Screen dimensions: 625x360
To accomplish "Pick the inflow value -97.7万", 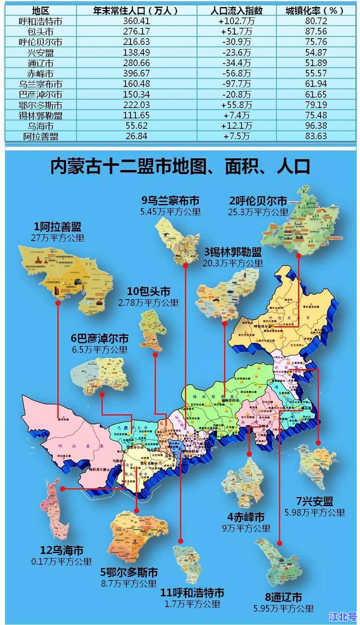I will coord(236,84).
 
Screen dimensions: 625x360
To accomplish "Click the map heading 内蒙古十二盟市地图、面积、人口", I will coord(180,166).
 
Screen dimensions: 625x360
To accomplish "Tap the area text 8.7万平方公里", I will coord(129,584).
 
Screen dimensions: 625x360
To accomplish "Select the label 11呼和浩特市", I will coord(192,593).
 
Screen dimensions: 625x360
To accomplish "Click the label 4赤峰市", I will coord(245,517).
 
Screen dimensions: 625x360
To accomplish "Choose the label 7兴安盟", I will coord(314,501).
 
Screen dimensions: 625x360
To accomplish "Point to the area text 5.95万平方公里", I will coord(283,609).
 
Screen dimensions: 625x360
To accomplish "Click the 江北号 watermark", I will coord(343,615).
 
